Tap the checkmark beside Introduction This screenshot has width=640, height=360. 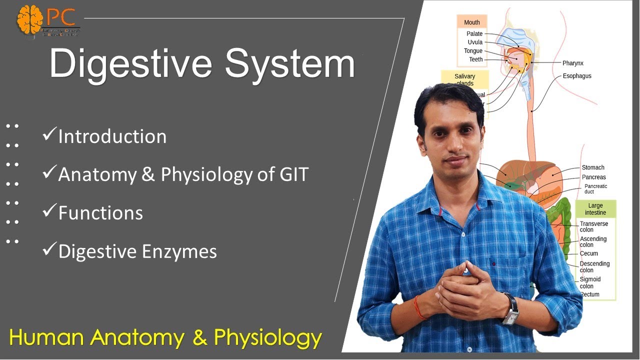pos(49,135)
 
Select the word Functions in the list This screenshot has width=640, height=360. pos(100,213)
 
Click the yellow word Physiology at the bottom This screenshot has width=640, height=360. pos(267,338)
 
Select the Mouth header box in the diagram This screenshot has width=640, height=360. pos(471,22)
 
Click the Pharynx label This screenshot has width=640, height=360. pos(572,63)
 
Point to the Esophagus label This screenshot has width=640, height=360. pos(576,76)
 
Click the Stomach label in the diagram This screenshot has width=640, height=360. pos(593,167)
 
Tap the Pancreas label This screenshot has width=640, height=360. pos(593,177)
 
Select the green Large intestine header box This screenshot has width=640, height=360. pos(595,209)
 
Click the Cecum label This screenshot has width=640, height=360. pos(588,253)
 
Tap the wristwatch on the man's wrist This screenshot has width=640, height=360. pos(511,309)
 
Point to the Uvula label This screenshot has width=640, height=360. pos(475,42)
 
